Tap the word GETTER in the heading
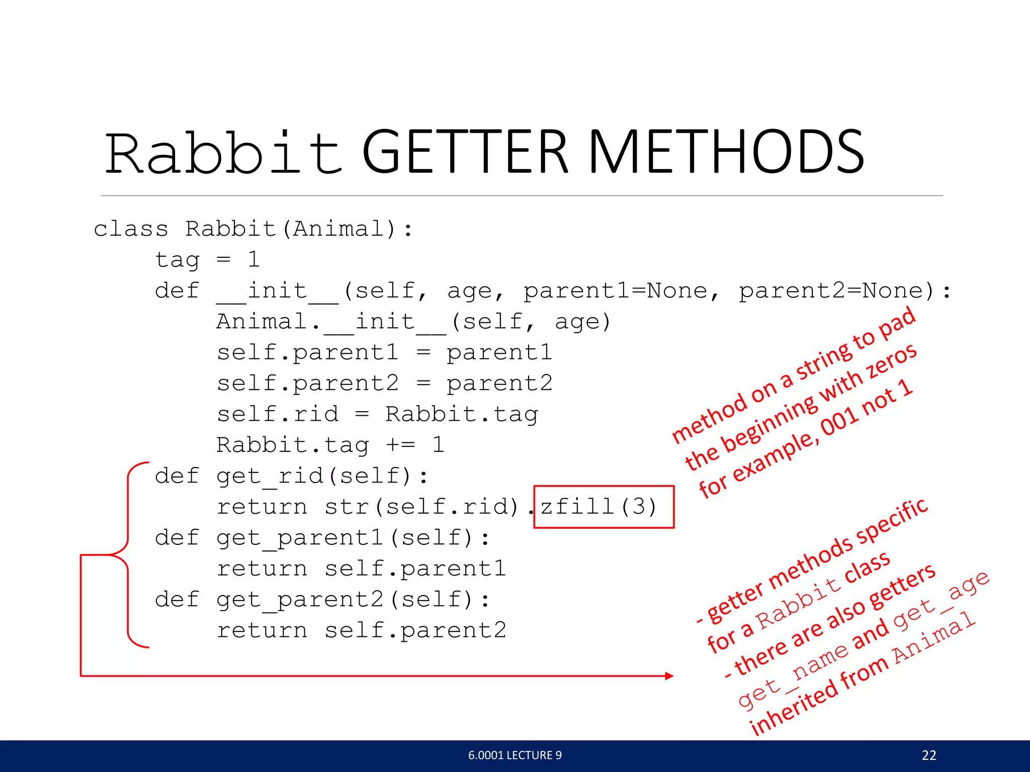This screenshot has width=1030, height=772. tap(465, 152)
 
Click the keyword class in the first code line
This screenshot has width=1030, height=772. tap(131, 229)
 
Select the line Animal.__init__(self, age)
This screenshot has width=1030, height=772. tap(413, 322)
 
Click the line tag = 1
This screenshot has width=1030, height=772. tap(207, 260)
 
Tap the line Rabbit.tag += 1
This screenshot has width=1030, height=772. tap(330, 445)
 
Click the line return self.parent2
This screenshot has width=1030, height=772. tap(361, 630)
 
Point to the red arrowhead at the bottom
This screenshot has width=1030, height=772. tap(669, 676)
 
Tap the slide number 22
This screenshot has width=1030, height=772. tap(929, 755)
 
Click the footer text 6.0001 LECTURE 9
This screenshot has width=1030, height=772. tap(514, 755)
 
